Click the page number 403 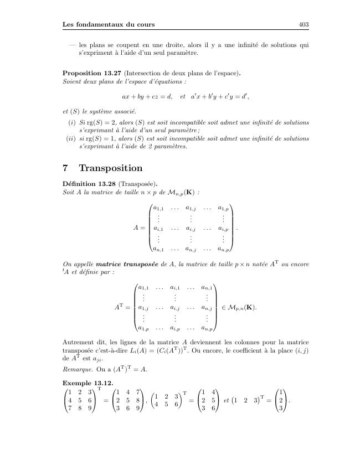point(303,24)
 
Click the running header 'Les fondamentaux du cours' point(109,24)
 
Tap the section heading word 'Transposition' point(111,168)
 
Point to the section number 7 point(67,168)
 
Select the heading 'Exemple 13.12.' point(81,383)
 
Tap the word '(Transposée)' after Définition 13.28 point(136,183)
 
